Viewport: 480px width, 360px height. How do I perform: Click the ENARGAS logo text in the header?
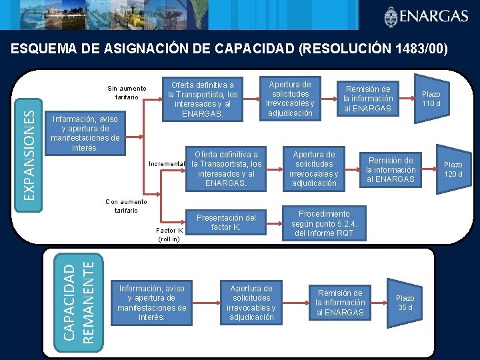[436, 16]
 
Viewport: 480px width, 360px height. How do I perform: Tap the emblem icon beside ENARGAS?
[391, 16]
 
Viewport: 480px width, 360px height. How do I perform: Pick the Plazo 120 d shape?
[453, 169]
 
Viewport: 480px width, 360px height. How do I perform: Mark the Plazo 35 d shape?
[405, 303]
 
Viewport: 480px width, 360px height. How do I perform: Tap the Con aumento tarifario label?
[121, 206]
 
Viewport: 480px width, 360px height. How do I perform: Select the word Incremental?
[167, 164]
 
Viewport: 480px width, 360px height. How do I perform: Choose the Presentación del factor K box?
[225, 223]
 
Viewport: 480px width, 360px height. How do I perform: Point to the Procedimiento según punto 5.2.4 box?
[324, 224]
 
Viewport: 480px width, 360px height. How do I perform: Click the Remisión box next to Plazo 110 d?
[368, 99]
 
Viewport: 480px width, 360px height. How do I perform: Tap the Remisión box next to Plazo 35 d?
[340, 303]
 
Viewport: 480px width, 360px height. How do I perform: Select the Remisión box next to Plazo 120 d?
[391, 169]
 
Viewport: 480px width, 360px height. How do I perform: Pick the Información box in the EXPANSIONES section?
[85, 133]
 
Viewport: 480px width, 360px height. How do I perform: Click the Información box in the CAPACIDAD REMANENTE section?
[151, 303]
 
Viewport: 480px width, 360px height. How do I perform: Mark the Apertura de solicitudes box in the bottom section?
[251, 303]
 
